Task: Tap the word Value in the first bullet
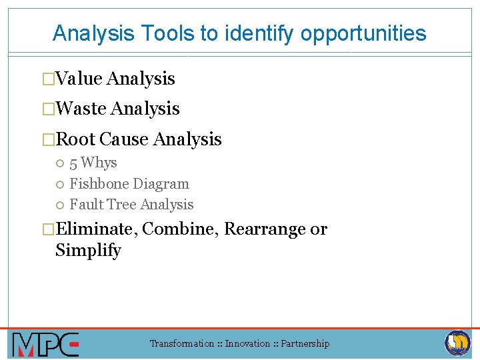tap(79, 79)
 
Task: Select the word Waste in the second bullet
tap(82, 109)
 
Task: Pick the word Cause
tap(124, 139)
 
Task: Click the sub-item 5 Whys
tap(93, 163)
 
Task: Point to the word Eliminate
tap(96, 229)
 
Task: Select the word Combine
tap(180, 229)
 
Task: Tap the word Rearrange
tap(265, 229)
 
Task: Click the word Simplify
tap(88, 251)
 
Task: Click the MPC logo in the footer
tap(45, 345)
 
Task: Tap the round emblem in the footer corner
tap(458, 343)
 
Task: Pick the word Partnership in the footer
tap(305, 344)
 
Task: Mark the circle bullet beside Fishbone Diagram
tap(60, 184)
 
